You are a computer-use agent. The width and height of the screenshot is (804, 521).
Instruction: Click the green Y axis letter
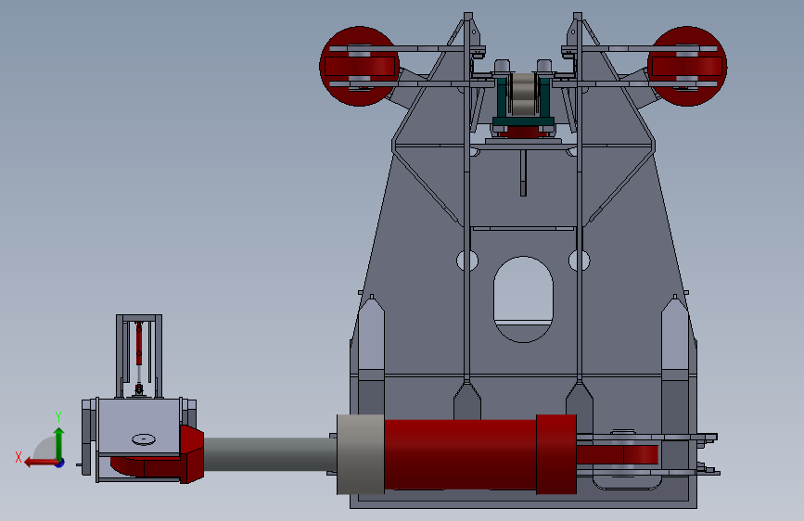58,417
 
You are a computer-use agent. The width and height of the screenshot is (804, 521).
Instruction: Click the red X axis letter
19,457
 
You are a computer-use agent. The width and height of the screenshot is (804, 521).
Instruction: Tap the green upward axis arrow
59,444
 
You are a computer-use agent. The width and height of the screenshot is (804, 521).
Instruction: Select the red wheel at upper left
359,66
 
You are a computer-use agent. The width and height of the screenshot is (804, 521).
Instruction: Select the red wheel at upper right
687,66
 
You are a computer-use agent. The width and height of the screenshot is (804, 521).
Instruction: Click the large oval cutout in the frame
523,299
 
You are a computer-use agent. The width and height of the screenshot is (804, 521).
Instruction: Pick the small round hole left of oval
467,260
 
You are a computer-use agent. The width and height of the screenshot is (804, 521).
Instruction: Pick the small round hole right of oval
580,260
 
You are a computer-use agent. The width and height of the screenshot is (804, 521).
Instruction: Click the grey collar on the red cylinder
361,454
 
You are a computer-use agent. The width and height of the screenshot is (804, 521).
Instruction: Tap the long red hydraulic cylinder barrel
461,454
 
